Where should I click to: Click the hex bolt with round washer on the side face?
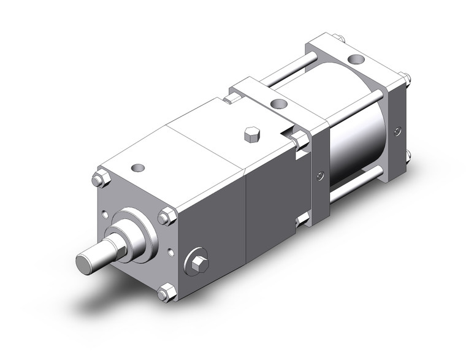click(197, 262)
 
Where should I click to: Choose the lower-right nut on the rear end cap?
click(407, 156)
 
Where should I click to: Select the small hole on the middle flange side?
click(319, 177)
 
